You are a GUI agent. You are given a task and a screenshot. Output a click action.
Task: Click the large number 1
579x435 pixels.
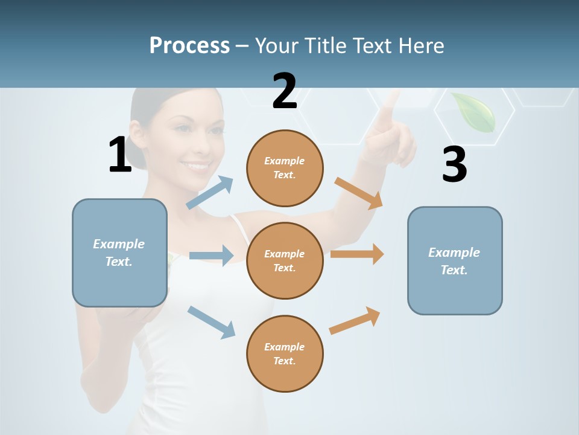coord(120,155)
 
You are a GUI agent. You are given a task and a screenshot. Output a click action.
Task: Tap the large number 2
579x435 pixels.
coord(285,91)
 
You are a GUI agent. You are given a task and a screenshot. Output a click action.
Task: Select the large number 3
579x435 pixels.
coord(455,165)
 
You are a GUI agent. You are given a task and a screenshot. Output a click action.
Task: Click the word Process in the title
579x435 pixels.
coord(189,45)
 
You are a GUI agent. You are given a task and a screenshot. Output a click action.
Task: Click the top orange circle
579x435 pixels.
coord(285,168)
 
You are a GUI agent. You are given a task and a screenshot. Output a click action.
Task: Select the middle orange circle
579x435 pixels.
coord(285,260)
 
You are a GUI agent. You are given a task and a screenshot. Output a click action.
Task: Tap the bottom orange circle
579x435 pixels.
coord(285,353)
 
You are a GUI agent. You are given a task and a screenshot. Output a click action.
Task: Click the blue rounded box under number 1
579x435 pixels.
coord(119,253)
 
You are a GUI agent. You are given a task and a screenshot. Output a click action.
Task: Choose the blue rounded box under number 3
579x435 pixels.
coord(455,260)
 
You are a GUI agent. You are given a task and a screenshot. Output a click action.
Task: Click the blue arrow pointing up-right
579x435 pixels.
coord(210,193)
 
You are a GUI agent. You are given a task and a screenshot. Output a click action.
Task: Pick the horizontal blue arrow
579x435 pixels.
coord(211,256)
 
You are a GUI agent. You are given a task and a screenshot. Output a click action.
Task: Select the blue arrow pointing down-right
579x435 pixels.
coord(211,322)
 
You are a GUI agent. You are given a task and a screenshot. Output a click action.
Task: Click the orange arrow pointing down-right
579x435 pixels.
coord(359,193)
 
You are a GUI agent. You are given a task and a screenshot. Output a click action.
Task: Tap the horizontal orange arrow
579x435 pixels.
coord(357,254)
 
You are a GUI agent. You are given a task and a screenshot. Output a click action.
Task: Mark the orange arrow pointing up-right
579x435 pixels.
coord(355,320)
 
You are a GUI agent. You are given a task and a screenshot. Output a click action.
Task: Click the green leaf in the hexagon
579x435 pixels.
coord(474,112)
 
